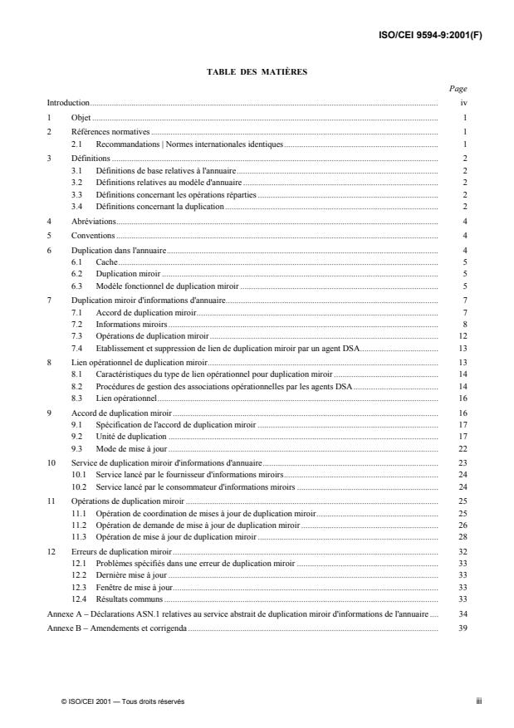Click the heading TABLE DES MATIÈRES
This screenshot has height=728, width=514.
point(257,72)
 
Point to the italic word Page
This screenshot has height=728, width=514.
point(458,89)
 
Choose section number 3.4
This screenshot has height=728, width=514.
point(77,205)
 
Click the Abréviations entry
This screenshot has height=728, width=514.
point(93,221)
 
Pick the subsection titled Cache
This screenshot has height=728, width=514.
point(106,261)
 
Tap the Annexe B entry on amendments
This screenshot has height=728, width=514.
point(117,628)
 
